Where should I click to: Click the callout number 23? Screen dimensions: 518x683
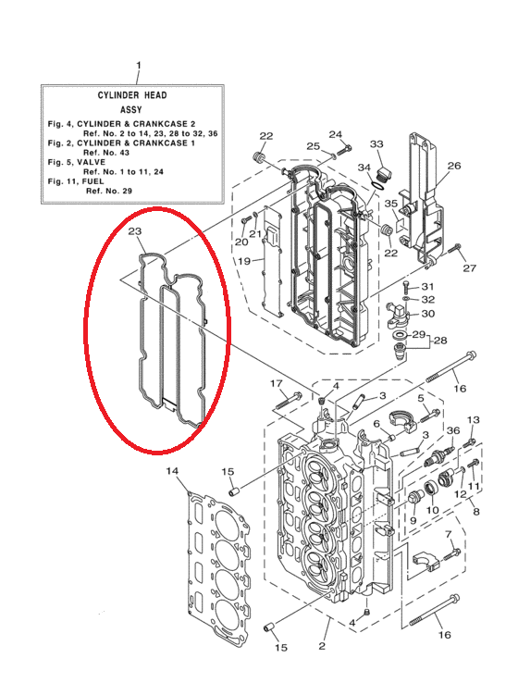135,230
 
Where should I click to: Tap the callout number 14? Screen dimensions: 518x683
172,471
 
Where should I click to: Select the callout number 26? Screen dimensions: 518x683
454,166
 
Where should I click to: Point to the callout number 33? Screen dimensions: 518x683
377,144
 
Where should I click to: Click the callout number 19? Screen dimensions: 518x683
244,261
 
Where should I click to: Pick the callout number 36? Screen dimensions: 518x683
453,430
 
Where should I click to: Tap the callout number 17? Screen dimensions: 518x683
277,383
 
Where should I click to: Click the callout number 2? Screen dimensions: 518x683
322,646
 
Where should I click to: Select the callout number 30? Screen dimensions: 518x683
428,314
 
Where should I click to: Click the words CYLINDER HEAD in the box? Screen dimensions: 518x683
132,95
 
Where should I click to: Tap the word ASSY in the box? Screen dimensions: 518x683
131,110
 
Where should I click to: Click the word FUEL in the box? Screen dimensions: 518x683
93,181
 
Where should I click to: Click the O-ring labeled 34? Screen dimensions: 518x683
377,185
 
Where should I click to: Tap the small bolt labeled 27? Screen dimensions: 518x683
453,249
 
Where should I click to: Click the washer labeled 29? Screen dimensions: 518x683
399,335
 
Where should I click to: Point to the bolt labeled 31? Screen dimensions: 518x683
406,287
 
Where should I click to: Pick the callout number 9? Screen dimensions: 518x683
413,520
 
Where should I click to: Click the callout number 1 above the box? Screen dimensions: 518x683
139,66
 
